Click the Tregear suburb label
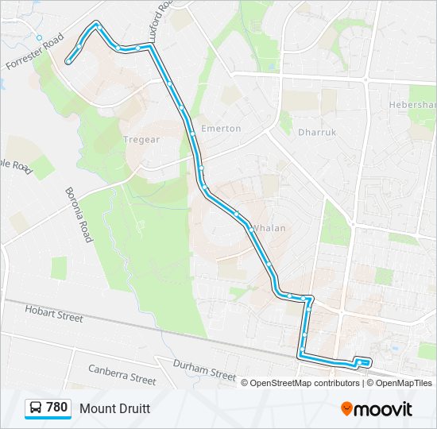[x=143, y=139]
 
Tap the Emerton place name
[x=220, y=128]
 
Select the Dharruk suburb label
[x=315, y=133]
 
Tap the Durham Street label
[x=206, y=369]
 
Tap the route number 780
[x=57, y=408]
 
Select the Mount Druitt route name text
[x=114, y=408]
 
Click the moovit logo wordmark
[x=384, y=409]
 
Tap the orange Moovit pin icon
[x=347, y=409]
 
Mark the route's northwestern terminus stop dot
[x=69, y=60]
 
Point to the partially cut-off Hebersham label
[x=412, y=105]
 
